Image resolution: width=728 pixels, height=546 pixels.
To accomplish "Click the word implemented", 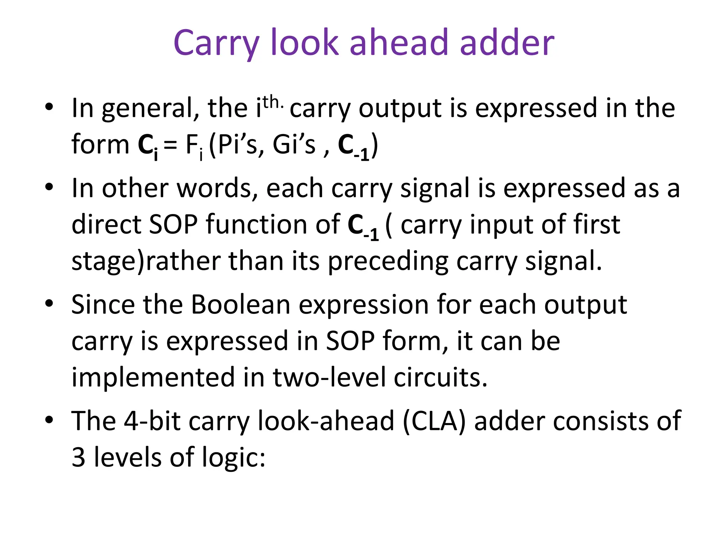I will pyautogui.click(x=153, y=377).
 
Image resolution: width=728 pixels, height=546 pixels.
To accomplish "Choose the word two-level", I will pyautogui.click(x=329, y=377).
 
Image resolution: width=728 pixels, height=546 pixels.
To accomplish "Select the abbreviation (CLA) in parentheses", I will pyautogui.click(x=434, y=422).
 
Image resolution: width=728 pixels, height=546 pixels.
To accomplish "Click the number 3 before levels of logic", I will pyautogui.click(x=78, y=457).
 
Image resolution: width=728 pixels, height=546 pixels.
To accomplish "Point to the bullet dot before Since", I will pyautogui.click(x=49, y=304).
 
